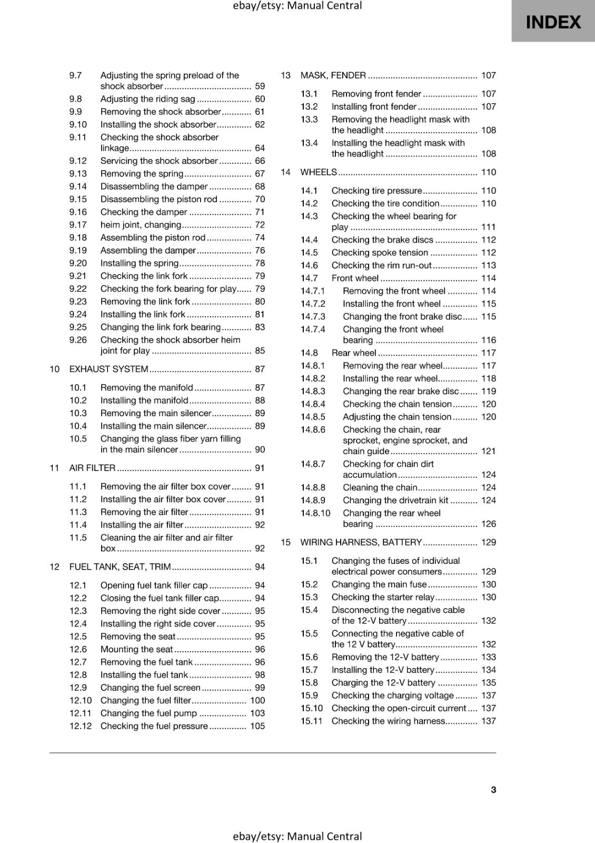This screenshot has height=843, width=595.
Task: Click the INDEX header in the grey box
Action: tap(553, 22)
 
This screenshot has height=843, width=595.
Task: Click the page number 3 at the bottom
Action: tap(493, 789)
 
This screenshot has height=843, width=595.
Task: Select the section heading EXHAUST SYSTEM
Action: tap(109, 369)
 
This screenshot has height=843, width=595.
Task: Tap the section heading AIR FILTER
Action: tap(93, 468)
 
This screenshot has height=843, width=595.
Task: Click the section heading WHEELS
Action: tap(319, 172)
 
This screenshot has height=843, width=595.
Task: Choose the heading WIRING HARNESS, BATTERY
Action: tap(361, 542)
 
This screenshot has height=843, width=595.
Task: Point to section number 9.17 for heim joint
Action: tap(78, 225)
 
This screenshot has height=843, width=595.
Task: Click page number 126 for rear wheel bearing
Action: tap(488, 524)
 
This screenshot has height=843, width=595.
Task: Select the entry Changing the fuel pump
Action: tap(148, 713)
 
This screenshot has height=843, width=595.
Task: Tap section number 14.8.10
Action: tap(315, 513)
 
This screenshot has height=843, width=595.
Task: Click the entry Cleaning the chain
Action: tap(380, 487)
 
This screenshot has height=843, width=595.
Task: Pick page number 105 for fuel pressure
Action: tap(257, 726)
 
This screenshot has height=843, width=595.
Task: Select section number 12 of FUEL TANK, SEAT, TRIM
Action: tap(54, 567)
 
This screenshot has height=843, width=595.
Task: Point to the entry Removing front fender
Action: tap(376, 94)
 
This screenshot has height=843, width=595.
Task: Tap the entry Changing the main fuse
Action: tap(379, 584)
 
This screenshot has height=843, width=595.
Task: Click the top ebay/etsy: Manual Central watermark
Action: tap(297, 6)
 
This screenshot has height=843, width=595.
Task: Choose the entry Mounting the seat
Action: tap(137, 650)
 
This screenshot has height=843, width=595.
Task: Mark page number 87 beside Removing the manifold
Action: tap(260, 388)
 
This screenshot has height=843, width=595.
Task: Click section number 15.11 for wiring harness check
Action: tap(311, 721)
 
